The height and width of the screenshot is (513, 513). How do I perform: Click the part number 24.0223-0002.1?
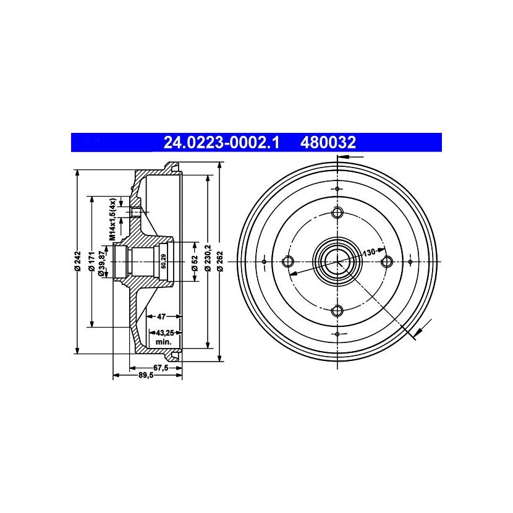(x=221, y=143)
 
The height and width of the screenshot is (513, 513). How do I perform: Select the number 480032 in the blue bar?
(x=328, y=143)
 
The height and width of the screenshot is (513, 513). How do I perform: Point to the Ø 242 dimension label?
(x=77, y=261)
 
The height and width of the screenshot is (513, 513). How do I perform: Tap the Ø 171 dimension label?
(x=92, y=261)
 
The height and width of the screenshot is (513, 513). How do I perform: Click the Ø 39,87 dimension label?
(x=102, y=261)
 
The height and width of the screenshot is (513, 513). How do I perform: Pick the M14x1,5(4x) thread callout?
(x=112, y=219)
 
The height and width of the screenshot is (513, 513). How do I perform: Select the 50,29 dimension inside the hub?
(x=164, y=261)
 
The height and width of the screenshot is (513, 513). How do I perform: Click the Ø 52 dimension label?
(x=195, y=264)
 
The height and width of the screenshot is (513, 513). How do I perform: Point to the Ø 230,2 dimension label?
(x=208, y=258)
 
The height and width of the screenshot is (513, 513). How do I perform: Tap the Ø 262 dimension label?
(x=220, y=261)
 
